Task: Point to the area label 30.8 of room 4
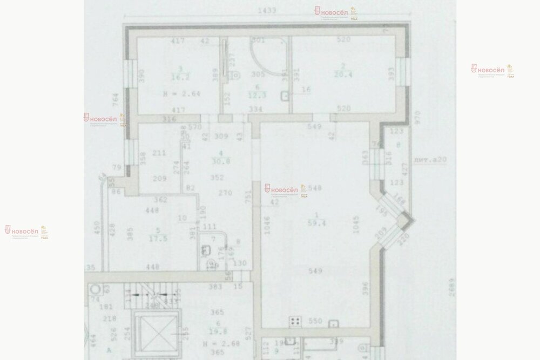click(217, 160)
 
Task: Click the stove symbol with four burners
click(295, 321)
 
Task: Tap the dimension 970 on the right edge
click(415, 117)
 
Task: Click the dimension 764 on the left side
click(115, 101)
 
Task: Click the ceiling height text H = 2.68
click(208, 343)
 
